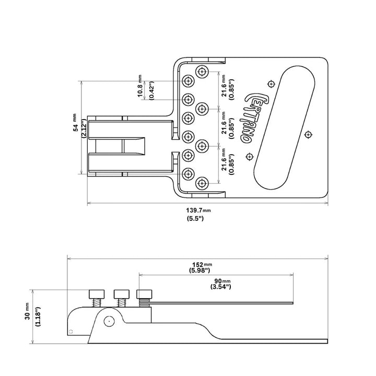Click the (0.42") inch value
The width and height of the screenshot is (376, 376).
151,91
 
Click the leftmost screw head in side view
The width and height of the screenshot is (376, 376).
97,293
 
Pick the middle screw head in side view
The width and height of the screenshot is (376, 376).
122,293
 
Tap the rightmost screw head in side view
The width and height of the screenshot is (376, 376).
145,293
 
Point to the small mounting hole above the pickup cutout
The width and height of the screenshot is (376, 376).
271,84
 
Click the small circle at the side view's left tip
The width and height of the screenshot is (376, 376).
72,332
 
